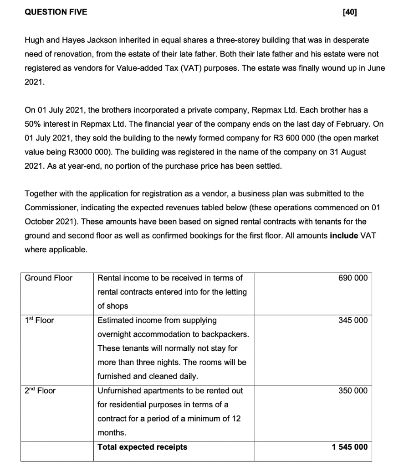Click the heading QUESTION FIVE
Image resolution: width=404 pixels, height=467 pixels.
point(55,12)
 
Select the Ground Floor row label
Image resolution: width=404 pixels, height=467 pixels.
point(48,278)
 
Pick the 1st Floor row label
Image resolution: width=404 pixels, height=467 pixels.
point(39,320)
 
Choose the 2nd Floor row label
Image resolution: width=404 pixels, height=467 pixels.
point(40,391)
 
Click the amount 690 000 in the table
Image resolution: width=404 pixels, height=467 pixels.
point(353,278)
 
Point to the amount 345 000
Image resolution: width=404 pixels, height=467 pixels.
point(353,320)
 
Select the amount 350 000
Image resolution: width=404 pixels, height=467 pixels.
point(353,391)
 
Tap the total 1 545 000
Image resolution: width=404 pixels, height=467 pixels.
point(350,447)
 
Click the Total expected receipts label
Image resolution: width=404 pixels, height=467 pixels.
point(142,447)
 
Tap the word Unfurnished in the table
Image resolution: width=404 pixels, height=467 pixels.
point(120,391)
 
